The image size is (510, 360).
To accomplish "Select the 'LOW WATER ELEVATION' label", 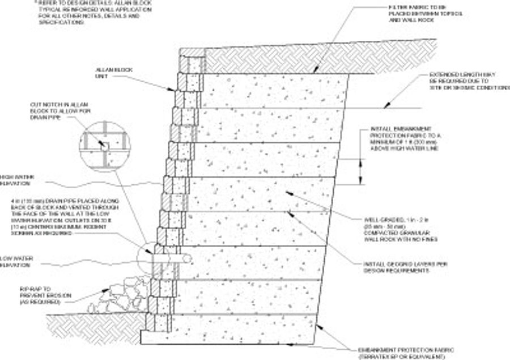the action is pos(17,262).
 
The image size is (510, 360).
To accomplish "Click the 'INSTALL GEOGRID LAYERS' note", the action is pos(397,267).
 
